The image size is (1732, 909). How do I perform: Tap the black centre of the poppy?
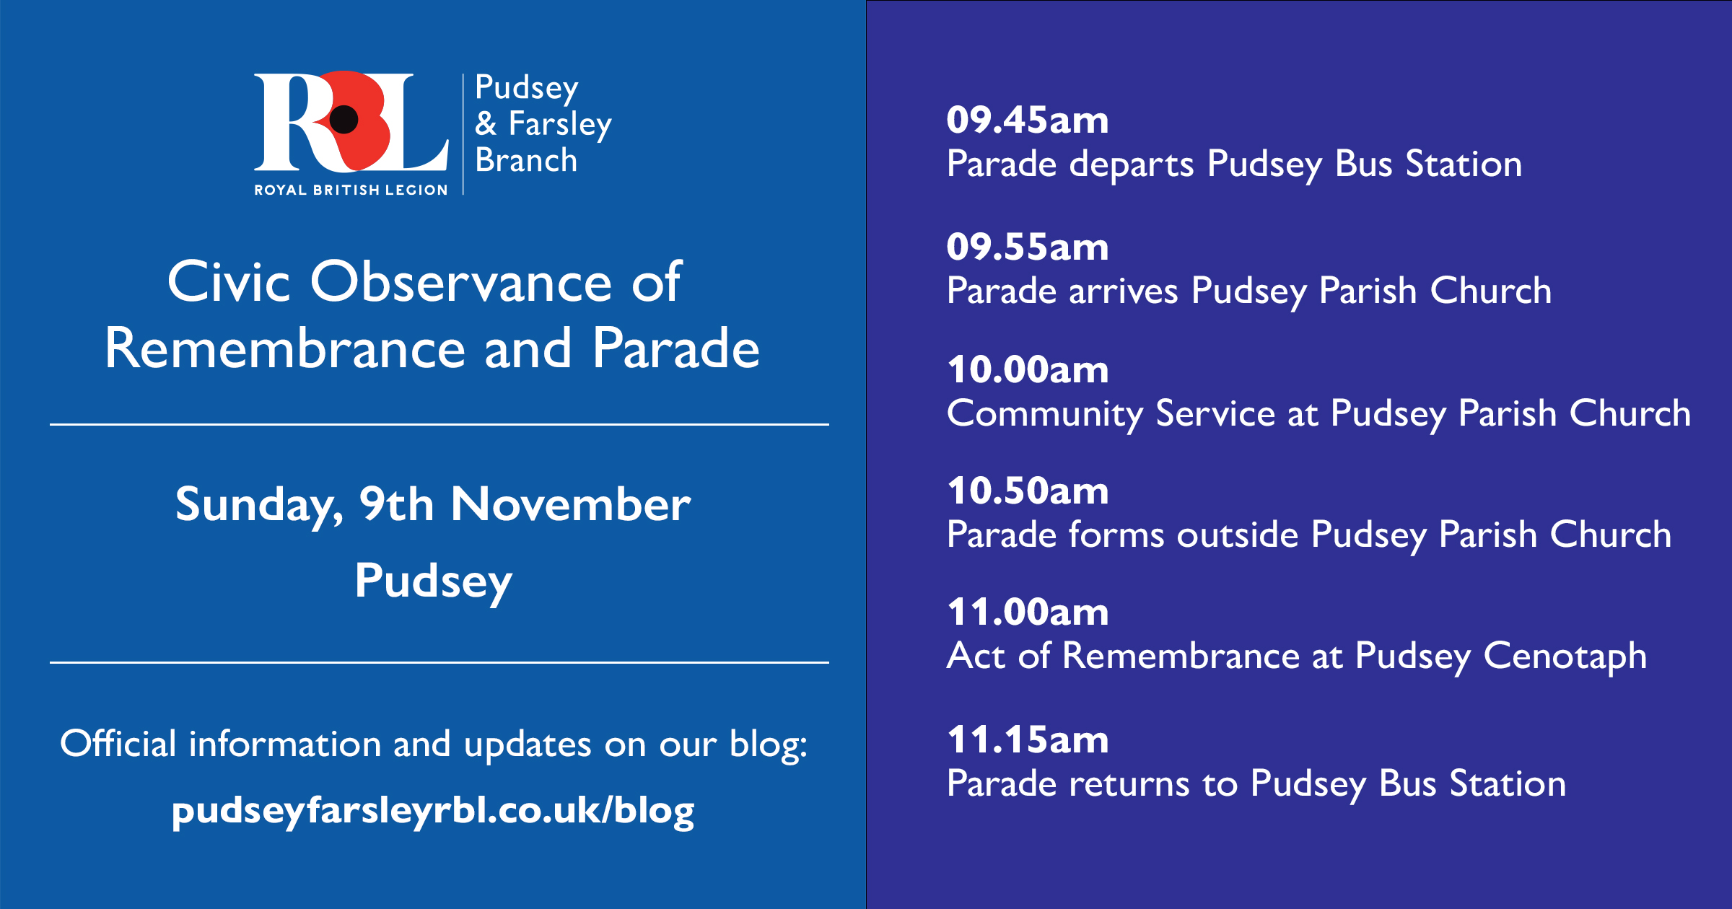click(344, 120)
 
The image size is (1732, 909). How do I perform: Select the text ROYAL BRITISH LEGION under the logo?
click(351, 190)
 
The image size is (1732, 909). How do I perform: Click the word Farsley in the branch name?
click(560, 124)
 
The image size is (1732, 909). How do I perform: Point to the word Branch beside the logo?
click(526, 159)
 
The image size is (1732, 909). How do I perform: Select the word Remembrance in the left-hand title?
click(285, 348)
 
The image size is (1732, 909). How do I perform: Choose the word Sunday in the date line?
click(259, 506)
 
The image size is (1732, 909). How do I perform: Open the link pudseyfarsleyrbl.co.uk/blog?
click(433, 812)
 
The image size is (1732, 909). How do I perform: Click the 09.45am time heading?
click(1028, 120)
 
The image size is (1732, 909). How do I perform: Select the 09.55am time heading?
click(1028, 247)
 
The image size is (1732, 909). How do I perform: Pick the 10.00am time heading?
click(1028, 369)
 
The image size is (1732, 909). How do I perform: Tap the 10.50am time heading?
click(1028, 491)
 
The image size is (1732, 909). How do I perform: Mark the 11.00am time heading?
click(1028, 612)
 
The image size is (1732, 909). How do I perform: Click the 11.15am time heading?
click(1028, 739)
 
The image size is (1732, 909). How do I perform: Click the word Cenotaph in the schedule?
click(1565, 657)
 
